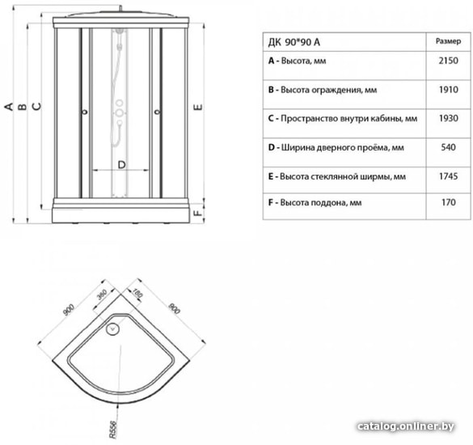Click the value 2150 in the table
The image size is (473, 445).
(x=448, y=61)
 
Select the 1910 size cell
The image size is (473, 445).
(x=448, y=90)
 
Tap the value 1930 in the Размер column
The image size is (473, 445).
(x=448, y=118)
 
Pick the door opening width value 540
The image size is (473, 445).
(x=448, y=147)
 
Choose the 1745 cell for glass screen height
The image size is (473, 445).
(x=448, y=176)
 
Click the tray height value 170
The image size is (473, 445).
(x=448, y=204)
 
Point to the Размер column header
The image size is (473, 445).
(x=448, y=40)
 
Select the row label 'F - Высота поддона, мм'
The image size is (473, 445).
(x=315, y=204)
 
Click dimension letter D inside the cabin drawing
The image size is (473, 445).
(x=121, y=165)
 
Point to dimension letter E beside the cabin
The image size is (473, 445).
(x=198, y=106)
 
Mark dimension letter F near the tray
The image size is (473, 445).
(x=198, y=214)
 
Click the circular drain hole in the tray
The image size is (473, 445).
(x=112, y=329)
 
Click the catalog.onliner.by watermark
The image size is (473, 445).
(x=404, y=426)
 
